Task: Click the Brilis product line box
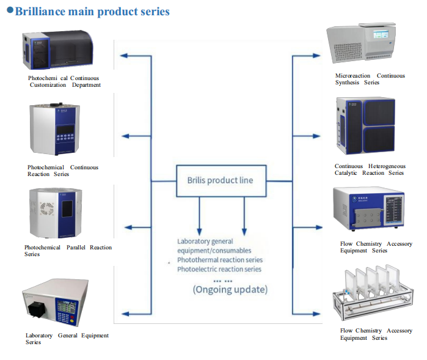point(221,165)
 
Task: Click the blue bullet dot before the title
point(10,10)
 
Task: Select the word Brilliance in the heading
point(40,12)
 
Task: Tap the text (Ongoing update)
point(230,289)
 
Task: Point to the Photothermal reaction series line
point(220,260)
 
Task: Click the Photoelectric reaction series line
point(219,270)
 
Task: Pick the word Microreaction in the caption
point(352,76)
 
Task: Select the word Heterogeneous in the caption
point(387,166)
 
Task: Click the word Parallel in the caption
point(76,247)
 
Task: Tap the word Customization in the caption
point(48,85)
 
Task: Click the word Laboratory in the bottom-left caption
point(39,335)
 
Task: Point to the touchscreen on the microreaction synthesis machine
point(381,34)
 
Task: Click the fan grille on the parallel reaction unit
point(47,208)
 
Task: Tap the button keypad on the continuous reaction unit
point(65,138)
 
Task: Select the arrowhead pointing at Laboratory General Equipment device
point(125,314)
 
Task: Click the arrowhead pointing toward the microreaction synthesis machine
point(316,56)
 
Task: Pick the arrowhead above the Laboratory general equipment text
point(199,232)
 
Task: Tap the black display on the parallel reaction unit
point(67,209)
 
